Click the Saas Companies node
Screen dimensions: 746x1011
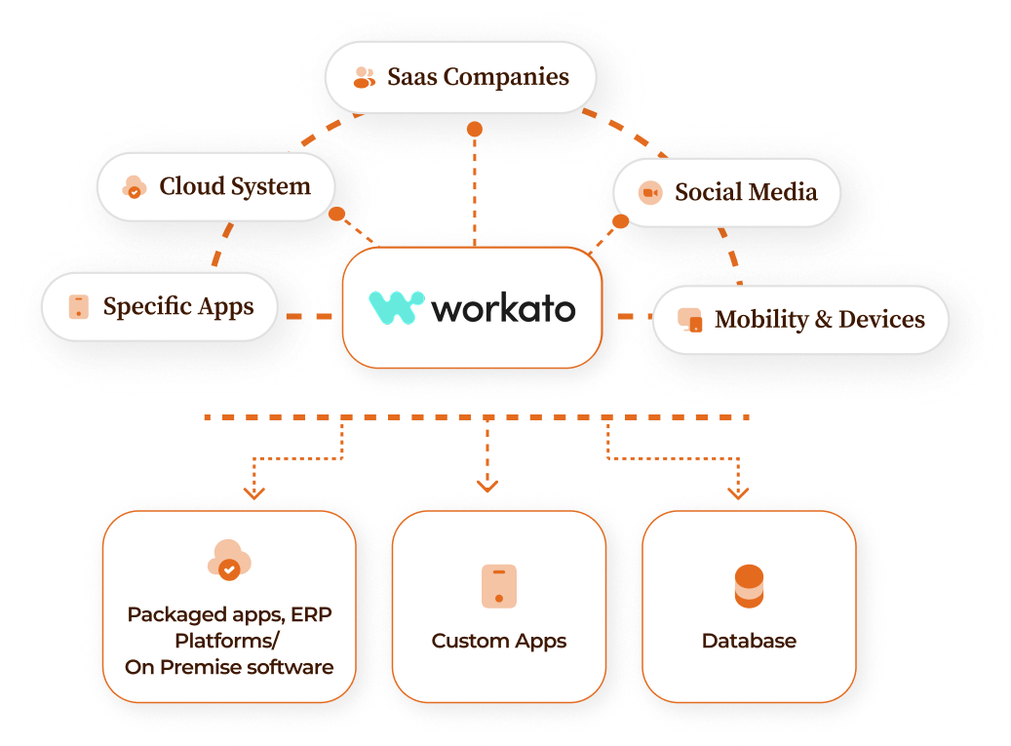[460, 77]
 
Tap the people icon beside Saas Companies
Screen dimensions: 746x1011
[364, 77]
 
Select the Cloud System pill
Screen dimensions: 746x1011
[215, 186]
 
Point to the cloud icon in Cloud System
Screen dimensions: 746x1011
[134, 187]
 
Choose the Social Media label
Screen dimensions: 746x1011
[746, 192]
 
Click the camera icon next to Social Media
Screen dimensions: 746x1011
[650, 193]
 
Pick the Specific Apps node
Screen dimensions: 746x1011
[160, 307]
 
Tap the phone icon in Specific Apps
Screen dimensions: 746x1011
[79, 307]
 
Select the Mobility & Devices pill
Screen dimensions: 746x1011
[799, 320]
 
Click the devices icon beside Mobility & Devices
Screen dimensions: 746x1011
[690, 320]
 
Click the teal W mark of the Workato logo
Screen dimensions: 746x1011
[396, 307]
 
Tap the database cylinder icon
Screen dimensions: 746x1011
[749, 586]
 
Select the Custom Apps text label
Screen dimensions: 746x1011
[499, 641]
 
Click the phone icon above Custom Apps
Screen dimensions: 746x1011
[499, 586]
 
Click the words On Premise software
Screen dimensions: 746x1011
[229, 668]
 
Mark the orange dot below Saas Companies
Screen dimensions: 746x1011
[475, 129]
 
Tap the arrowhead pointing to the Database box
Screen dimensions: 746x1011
[738, 493]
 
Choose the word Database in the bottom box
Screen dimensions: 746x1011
[749, 641]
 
